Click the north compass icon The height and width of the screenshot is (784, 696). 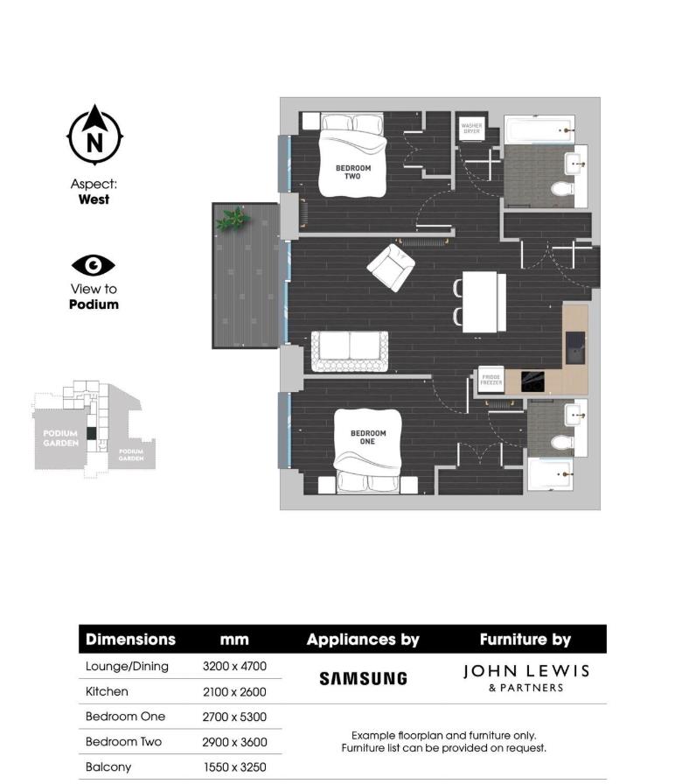(95, 136)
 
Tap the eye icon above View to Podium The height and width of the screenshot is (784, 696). (94, 265)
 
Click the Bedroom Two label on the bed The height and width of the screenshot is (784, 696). (353, 171)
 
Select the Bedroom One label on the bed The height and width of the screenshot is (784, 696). (368, 437)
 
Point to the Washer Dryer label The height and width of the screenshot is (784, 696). (471, 129)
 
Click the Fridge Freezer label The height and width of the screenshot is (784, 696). (491, 381)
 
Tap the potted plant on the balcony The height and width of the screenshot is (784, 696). (233, 219)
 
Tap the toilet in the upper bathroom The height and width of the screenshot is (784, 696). (560, 189)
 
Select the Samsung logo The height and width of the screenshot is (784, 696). (363, 678)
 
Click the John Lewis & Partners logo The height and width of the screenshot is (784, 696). (525, 677)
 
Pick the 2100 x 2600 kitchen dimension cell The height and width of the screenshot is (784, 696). (234, 691)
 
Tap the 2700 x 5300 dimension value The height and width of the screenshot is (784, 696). (234, 717)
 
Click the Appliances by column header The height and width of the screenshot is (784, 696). (363, 640)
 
